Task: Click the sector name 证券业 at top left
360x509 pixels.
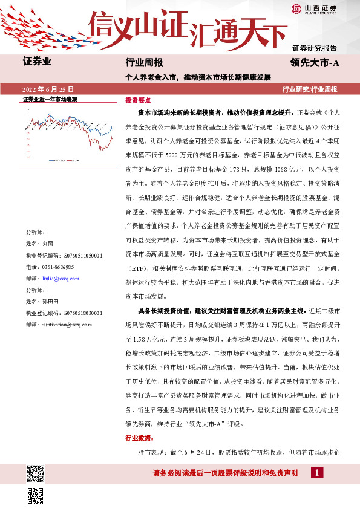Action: coord(37,61)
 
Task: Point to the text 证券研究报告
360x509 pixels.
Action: coord(315,48)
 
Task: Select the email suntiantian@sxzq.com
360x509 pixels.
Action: coord(68,325)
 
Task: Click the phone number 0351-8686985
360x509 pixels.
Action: coord(60,266)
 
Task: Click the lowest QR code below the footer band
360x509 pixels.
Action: coord(36,495)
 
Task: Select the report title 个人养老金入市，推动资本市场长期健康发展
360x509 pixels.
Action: coord(198,77)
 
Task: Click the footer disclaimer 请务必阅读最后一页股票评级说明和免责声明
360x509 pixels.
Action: coord(225,473)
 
